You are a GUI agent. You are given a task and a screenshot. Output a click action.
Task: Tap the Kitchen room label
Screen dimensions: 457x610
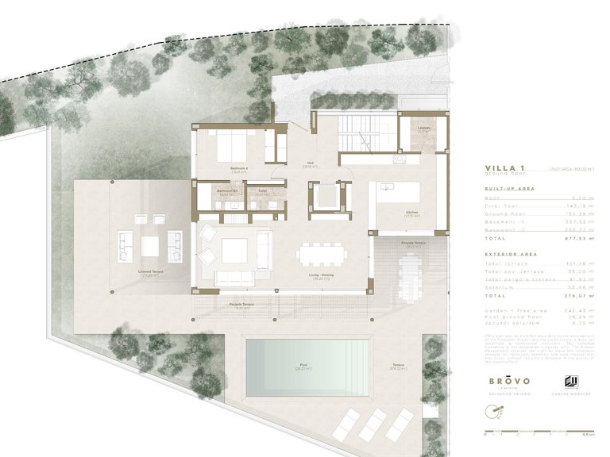click(x=389, y=213)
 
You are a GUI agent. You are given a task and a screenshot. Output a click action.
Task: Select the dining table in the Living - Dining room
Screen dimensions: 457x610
click(x=321, y=255)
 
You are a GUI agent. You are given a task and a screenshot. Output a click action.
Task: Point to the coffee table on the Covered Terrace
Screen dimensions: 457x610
click(x=150, y=247)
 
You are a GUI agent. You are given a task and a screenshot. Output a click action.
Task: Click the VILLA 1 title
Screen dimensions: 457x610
click(x=504, y=168)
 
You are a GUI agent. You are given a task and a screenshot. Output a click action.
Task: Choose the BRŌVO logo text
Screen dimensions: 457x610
click(x=508, y=380)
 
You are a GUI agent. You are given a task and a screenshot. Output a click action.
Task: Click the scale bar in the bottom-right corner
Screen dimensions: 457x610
click(x=539, y=432)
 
